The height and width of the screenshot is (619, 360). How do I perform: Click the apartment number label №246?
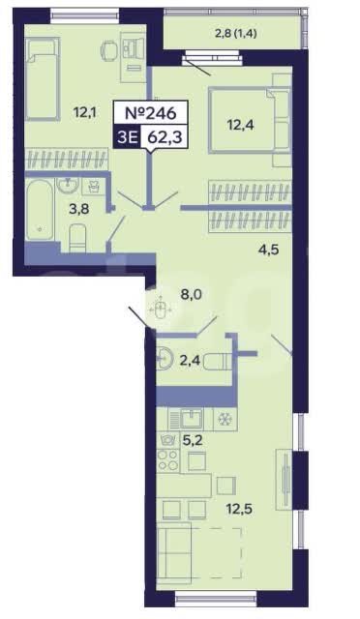click(150, 113)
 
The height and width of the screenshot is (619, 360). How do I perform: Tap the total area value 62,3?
click(165, 137)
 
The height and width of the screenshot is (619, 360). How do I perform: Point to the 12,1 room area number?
click(85, 113)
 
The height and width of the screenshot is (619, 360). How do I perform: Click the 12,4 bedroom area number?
click(240, 125)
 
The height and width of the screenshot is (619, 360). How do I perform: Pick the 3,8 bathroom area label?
click(79, 209)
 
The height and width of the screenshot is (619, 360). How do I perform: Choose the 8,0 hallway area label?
click(188, 294)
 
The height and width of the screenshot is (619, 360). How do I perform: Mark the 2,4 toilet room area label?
click(190, 360)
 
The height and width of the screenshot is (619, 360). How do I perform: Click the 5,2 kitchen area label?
click(193, 439)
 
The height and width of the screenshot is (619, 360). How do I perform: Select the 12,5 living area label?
click(239, 509)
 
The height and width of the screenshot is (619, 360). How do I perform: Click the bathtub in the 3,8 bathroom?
click(40, 209)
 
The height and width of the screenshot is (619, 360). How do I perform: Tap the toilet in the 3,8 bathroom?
click(77, 238)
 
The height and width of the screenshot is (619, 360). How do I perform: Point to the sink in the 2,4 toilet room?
click(165, 359)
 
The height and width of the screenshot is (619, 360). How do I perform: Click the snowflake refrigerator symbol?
click(225, 419)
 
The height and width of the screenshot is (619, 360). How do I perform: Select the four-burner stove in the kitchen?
click(168, 460)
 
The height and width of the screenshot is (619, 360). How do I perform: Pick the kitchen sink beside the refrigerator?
click(192, 419)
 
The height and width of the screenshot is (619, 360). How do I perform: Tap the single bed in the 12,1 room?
click(43, 79)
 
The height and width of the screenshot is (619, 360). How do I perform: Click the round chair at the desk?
click(109, 50)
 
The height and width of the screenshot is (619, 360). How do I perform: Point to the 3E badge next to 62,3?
click(126, 137)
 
